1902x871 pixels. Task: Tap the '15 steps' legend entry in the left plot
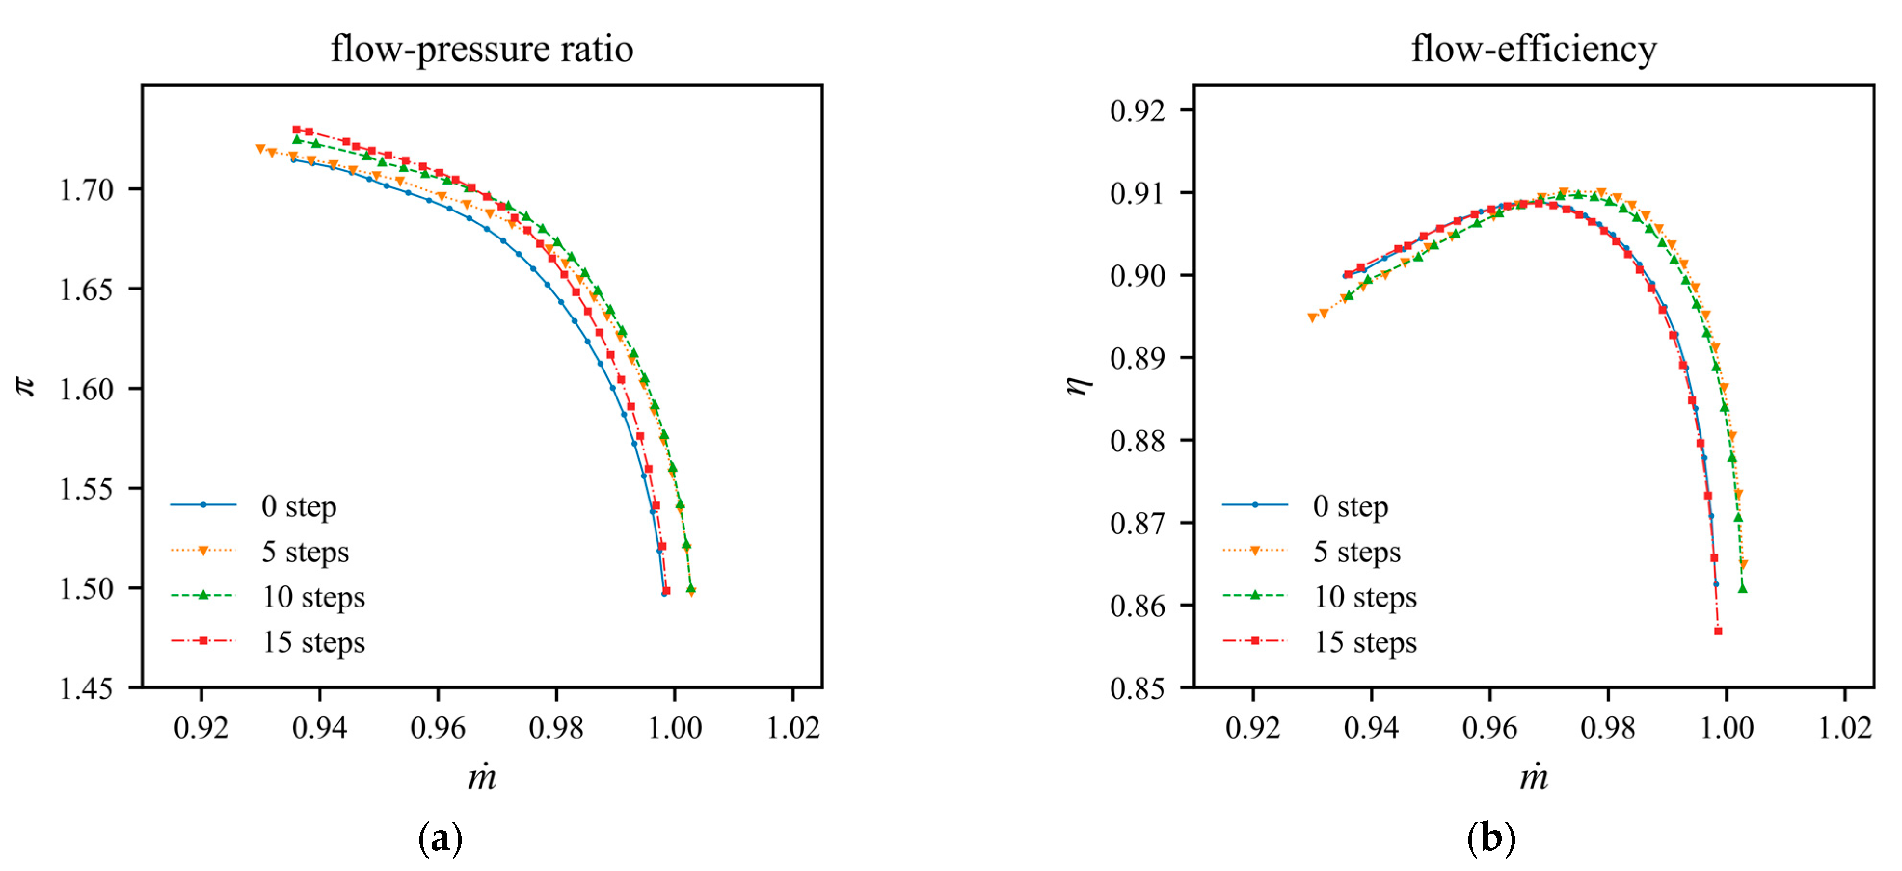click(x=313, y=642)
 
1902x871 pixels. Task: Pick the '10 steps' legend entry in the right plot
click(x=1365, y=597)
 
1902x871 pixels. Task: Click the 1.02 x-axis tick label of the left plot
click(x=793, y=728)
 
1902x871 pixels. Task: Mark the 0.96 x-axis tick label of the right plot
click(x=1489, y=728)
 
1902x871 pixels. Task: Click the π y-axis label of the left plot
click(x=27, y=385)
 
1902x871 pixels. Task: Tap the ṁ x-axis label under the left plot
click(x=482, y=777)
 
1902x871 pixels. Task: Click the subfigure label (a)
click(x=440, y=839)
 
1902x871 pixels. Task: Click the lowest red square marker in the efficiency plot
click(x=1718, y=631)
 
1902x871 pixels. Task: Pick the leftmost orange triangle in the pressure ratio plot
click(x=260, y=148)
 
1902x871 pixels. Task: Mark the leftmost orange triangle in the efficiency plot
click(x=1312, y=318)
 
